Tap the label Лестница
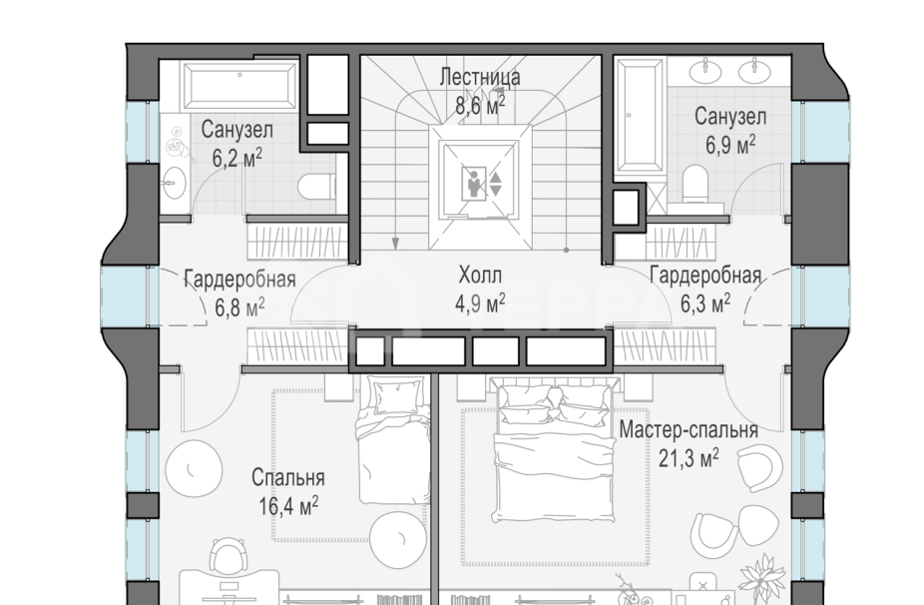(480, 77)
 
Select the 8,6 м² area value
(480, 105)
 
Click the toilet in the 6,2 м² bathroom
(317, 187)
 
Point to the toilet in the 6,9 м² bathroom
(695, 184)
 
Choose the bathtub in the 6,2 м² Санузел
(239, 86)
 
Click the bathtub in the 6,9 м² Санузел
(640, 115)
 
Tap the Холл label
(480, 276)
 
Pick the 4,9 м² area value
(480, 303)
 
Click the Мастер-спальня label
(689, 430)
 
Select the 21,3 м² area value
(689, 457)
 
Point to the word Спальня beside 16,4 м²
(288, 477)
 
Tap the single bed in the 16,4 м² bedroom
(393, 441)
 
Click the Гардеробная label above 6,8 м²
(239, 279)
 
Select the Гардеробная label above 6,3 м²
(705, 276)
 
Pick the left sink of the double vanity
(704, 71)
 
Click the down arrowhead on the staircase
(395, 244)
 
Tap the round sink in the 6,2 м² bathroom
(174, 181)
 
